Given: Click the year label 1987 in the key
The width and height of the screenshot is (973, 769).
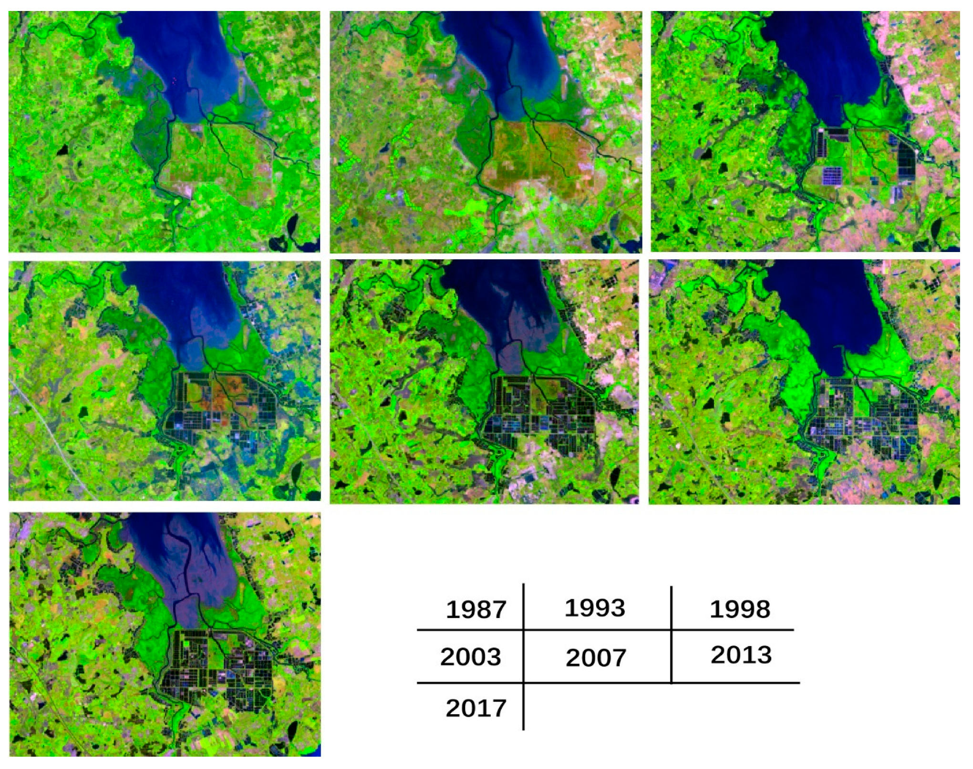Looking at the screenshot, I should [x=476, y=609].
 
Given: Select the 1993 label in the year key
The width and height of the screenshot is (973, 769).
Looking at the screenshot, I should [x=594, y=608].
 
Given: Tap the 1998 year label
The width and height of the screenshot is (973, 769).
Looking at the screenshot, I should [x=739, y=609].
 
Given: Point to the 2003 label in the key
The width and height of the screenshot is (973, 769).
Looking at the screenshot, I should [x=470, y=657].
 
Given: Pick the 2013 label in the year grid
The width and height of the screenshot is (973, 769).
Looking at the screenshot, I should [x=741, y=655].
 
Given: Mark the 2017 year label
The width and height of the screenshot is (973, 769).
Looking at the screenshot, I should [x=476, y=708].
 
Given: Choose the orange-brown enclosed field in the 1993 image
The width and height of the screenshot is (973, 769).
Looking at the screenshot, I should [x=534, y=157].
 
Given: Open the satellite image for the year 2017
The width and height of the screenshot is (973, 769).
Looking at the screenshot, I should [x=165, y=634].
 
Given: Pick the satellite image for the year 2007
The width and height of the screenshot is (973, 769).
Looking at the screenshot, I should [x=484, y=381].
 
